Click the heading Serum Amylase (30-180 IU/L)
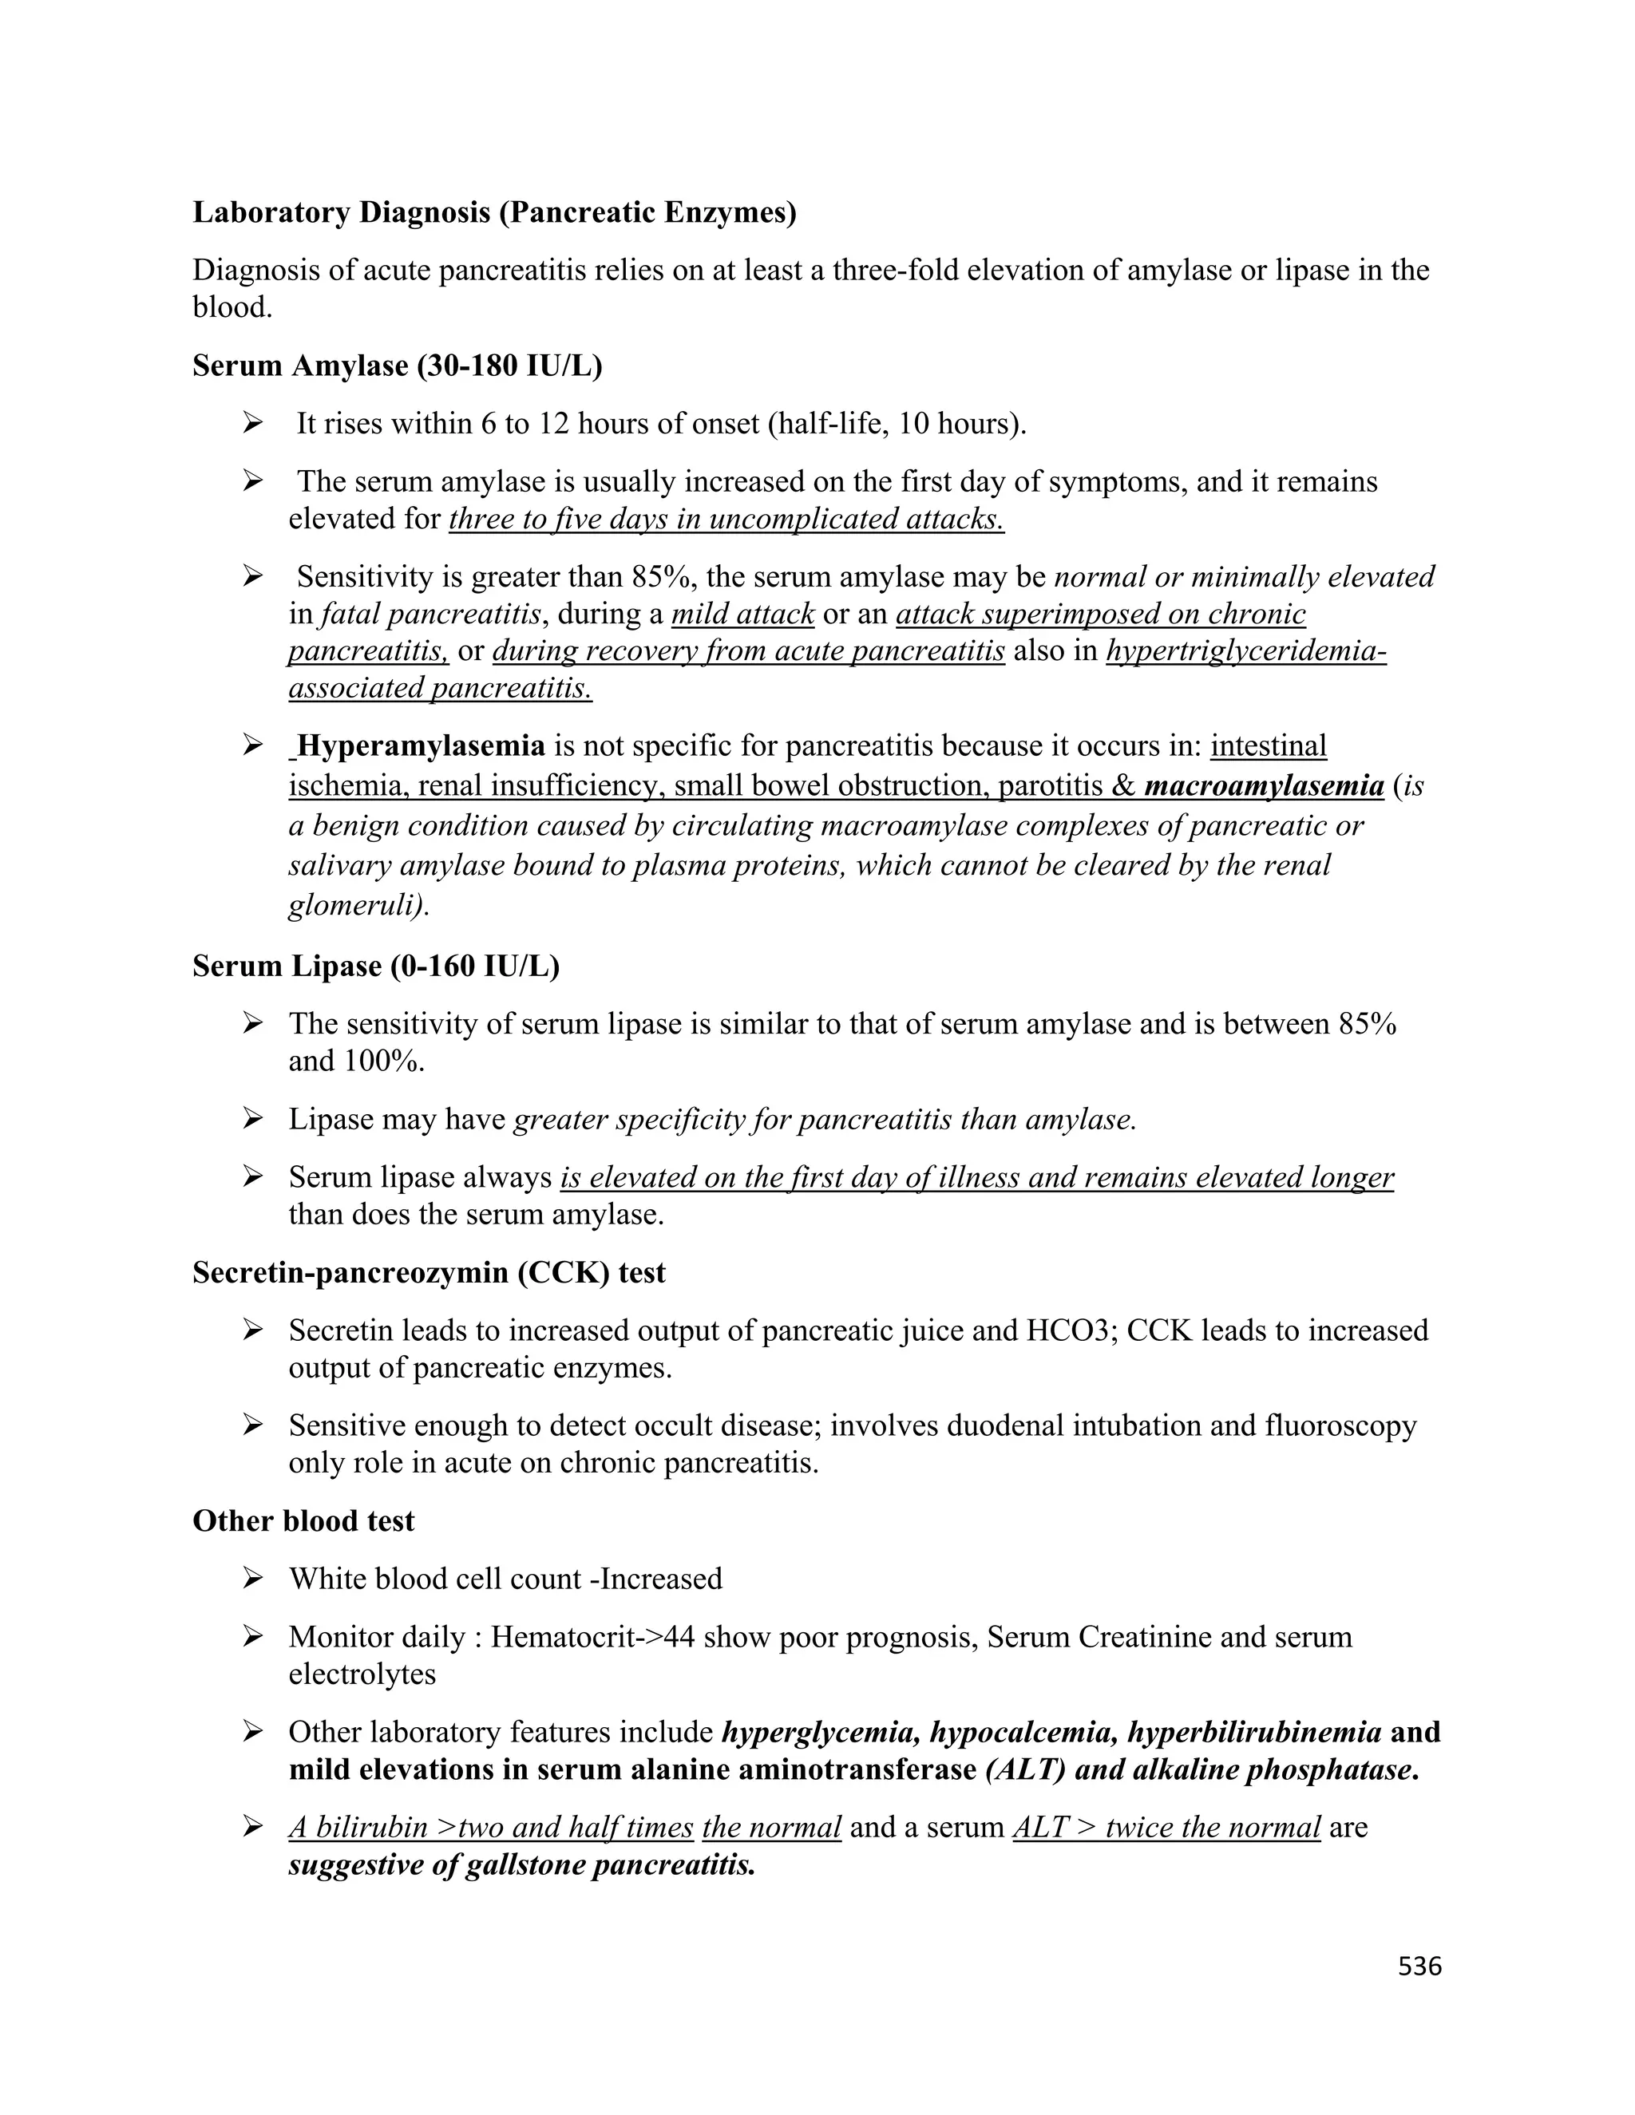click(397, 366)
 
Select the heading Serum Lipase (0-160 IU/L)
click(376, 967)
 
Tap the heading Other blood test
click(303, 1521)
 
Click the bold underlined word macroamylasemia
click(1263, 785)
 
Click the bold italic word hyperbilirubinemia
click(1253, 1733)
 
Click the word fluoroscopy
click(1340, 1425)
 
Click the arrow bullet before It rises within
click(253, 423)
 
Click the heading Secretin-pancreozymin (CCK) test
click(428, 1272)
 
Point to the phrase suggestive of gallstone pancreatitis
click(521, 1866)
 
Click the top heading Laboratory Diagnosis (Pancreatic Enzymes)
click(494, 212)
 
